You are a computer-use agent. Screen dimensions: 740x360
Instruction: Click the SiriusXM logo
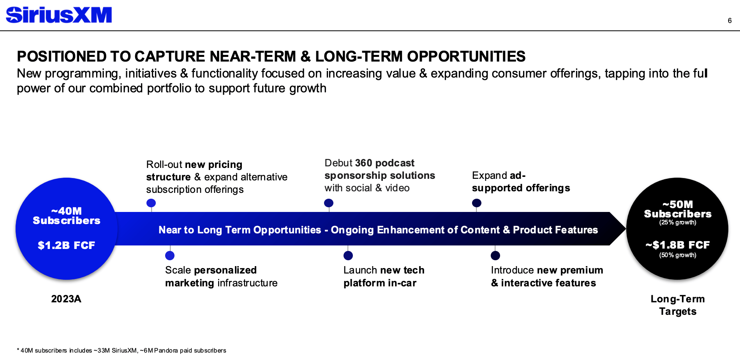[x=59, y=15]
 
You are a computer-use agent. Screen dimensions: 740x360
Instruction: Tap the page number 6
[x=729, y=21]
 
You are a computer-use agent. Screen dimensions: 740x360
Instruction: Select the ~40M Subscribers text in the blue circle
[x=67, y=216]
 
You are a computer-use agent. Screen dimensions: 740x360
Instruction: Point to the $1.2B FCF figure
[x=67, y=245]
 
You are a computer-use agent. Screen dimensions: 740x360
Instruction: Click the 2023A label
[x=66, y=299]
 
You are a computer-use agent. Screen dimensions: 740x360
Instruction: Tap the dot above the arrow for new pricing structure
[x=151, y=203]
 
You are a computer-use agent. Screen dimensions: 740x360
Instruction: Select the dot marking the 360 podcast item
[x=329, y=203]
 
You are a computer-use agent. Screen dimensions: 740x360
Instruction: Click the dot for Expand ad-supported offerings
[x=477, y=203]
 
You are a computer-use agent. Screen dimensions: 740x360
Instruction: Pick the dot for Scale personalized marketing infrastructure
[x=170, y=256]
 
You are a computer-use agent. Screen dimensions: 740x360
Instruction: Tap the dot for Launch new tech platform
[x=348, y=256]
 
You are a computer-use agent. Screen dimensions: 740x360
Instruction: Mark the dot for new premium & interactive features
[x=495, y=256]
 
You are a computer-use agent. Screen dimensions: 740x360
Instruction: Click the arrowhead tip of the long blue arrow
[x=625, y=229]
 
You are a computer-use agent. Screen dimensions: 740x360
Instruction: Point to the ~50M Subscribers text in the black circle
[x=678, y=209]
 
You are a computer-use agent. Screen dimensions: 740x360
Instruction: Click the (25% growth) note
[x=678, y=222]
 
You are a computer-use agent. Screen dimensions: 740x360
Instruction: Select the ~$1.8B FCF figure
[x=678, y=245]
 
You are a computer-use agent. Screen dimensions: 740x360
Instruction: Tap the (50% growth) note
[x=678, y=255]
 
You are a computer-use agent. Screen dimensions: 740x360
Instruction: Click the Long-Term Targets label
[x=678, y=305]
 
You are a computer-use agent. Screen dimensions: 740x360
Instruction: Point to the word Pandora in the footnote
[x=166, y=350]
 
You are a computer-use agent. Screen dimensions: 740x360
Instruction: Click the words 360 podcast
[x=385, y=163]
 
